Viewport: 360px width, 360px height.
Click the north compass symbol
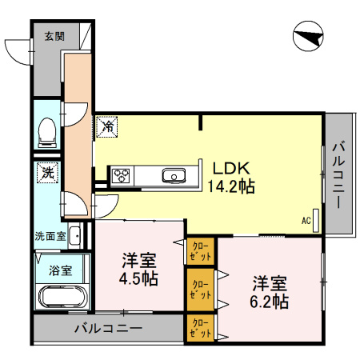[308, 36]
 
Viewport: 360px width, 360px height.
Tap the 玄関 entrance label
[54, 36]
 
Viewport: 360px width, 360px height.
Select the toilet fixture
[47, 133]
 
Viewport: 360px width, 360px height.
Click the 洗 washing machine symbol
[48, 173]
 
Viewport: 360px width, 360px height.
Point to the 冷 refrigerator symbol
[106, 126]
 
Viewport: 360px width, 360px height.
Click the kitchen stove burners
[122, 175]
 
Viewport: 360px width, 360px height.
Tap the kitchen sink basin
[174, 175]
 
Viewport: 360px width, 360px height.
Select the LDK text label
[231, 168]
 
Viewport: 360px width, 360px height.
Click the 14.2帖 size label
[231, 186]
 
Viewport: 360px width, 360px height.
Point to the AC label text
[306, 221]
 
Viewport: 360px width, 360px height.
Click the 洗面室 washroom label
[50, 236]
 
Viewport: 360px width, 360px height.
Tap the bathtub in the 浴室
[63, 297]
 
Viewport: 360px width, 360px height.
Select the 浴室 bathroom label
[61, 270]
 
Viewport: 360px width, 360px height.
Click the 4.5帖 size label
[138, 278]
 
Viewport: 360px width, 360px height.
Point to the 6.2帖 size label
[269, 302]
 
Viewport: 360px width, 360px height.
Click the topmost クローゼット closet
[201, 251]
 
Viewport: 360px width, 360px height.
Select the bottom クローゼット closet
[201, 328]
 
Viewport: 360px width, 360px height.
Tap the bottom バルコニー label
[108, 328]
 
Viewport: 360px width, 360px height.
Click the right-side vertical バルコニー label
[338, 175]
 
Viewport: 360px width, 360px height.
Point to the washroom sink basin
[74, 235]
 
